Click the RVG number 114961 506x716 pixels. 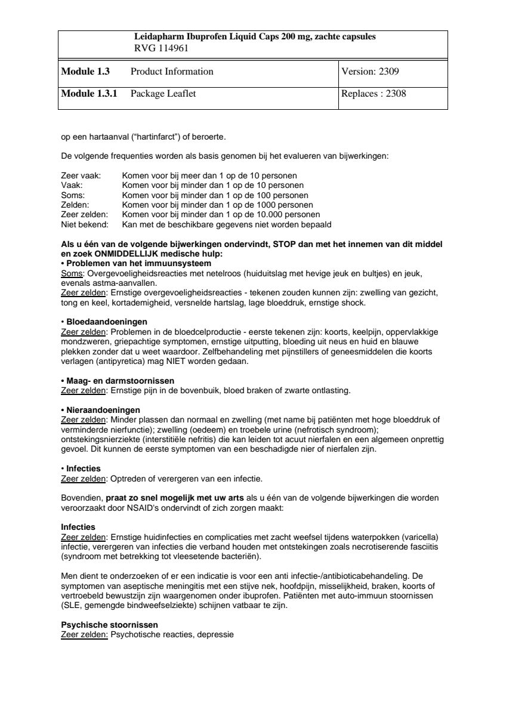click(x=175, y=49)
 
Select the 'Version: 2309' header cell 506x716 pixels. click(x=370, y=72)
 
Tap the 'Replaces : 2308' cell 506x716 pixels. click(x=374, y=94)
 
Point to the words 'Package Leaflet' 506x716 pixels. click(x=163, y=94)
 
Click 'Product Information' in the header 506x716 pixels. click(x=171, y=72)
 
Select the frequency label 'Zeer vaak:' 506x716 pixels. click(x=81, y=176)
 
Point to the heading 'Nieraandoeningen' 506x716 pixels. click(x=103, y=409)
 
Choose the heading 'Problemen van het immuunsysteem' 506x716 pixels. click(x=138, y=263)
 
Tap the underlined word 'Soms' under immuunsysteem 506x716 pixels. click(x=70, y=273)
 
